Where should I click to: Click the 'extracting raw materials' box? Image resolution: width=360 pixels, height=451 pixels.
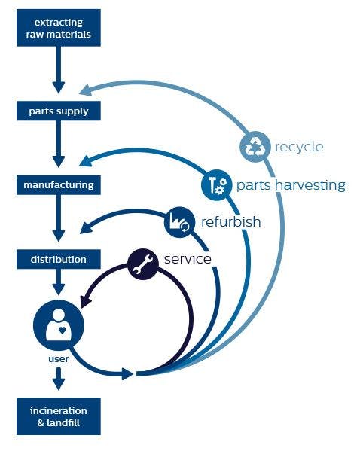click(x=58, y=27)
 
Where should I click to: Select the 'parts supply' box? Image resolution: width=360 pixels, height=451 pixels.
click(x=58, y=111)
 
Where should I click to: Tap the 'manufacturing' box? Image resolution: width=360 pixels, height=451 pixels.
click(x=58, y=184)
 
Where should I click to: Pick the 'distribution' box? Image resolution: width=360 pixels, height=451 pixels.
click(x=58, y=259)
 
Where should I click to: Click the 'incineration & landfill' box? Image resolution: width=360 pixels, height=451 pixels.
click(x=58, y=416)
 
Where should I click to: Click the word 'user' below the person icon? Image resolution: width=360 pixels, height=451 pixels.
click(x=59, y=359)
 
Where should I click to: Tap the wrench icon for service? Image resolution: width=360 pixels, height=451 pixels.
click(x=143, y=263)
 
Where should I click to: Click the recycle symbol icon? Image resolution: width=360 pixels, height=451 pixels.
click(x=255, y=147)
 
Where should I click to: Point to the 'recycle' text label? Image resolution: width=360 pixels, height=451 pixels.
click(x=299, y=147)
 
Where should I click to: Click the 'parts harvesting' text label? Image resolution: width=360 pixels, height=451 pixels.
click(x=291, y=185)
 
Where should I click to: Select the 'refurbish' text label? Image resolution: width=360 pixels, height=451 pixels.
click(x=230, y=222)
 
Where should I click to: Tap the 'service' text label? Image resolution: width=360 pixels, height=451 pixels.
click(x=188, y=258)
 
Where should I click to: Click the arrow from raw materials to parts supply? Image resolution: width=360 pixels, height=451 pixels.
click(x=58, y=72)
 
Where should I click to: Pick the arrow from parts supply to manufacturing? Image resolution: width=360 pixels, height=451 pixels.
click(x=58, y=147)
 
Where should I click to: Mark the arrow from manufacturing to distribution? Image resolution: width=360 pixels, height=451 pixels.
click(x=58, y=221)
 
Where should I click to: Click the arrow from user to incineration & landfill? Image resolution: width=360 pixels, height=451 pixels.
click(x=59, y=379)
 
